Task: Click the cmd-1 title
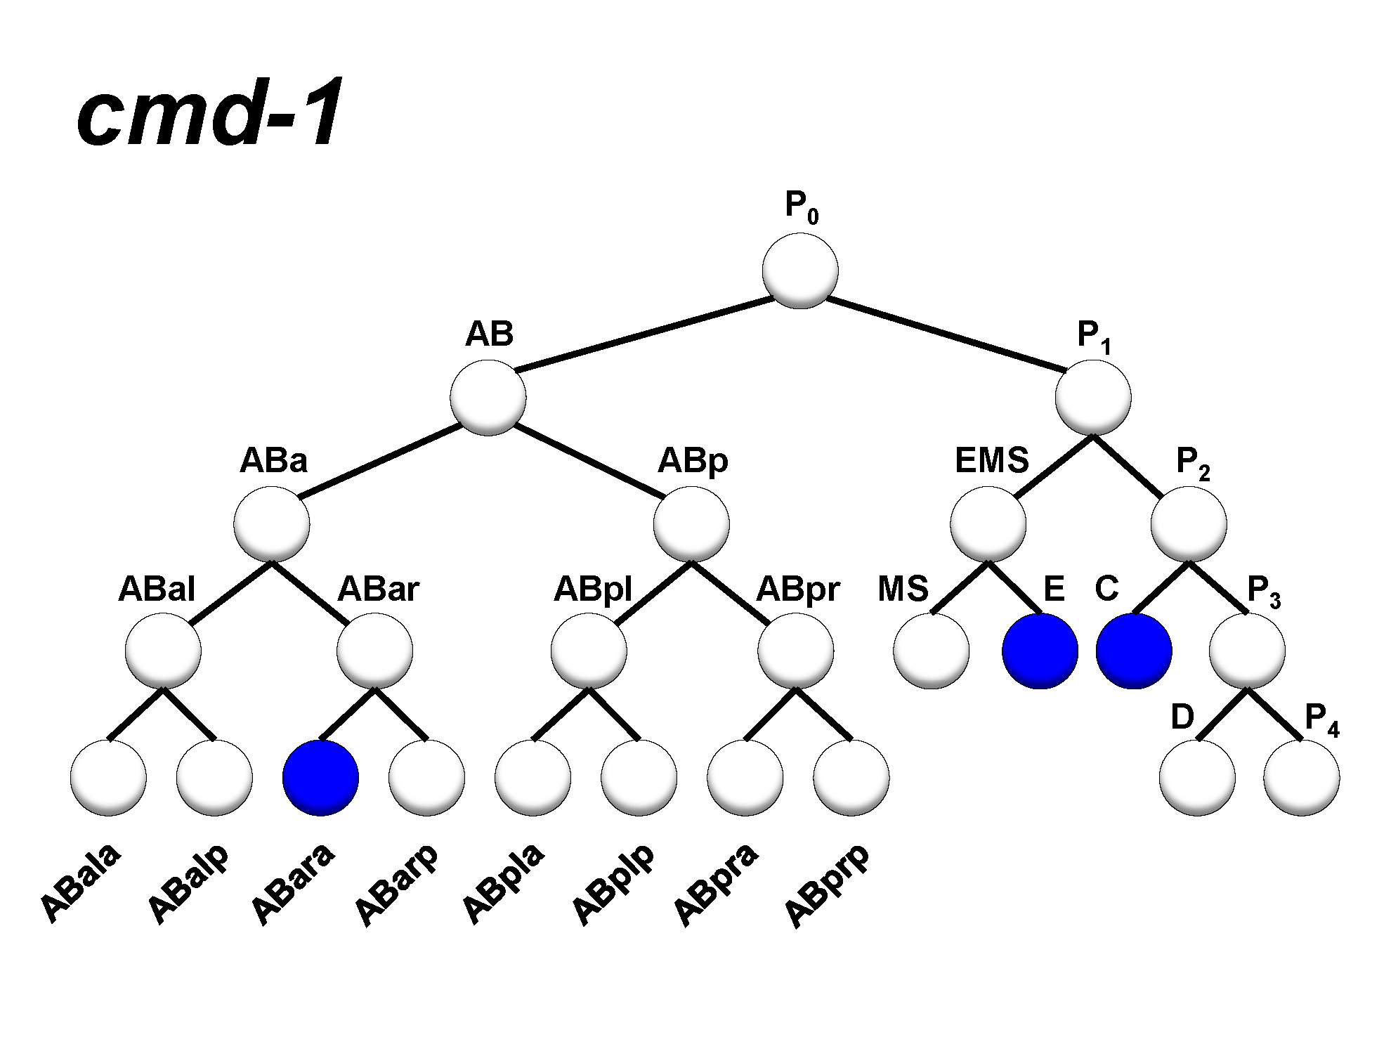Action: pyautogui.click(x=209, y=112)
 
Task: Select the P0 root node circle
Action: pyautogui.click(x=800, y=271)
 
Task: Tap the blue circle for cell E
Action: pyautogui.click(x=1040, y=651)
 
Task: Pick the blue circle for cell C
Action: pyautogui.click(x=1134, y=651)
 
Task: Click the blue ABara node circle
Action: pyautogui.click(x=320, y=777)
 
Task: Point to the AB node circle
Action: pyautogui.click(x=488, y=398)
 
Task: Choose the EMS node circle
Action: pyautogui.click(x=988, y=524)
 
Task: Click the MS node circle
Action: pyautogui.click(x=932, y=651)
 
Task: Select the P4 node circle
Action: pyautogui.click(x=1301, y=777)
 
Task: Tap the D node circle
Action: pyautogui.click(x=1197, y=777)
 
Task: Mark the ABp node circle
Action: pyautogui.click(x=691, y=524)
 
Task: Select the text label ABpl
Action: pyautogui.click(x=593, y=590)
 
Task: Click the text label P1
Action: pyautogui.click(x=1093, y=336)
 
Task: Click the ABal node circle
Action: pyautogui.click(x=163, y=651)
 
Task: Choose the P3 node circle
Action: pyautogui.click(x=1247, y=651)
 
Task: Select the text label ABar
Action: pyautogui.click(x=378, y=589)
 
